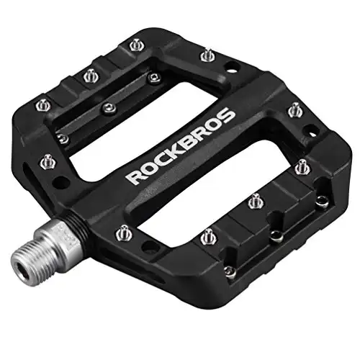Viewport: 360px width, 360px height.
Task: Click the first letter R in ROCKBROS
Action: [134, 176]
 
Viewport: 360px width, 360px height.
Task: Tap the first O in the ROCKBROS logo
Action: [148, 169]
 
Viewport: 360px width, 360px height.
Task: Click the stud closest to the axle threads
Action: [125, 232]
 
